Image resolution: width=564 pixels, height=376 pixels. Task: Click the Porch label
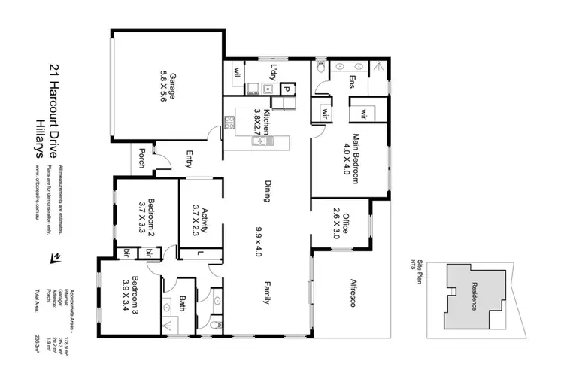[141, 158]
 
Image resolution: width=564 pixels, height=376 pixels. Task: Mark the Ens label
[350, 82]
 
